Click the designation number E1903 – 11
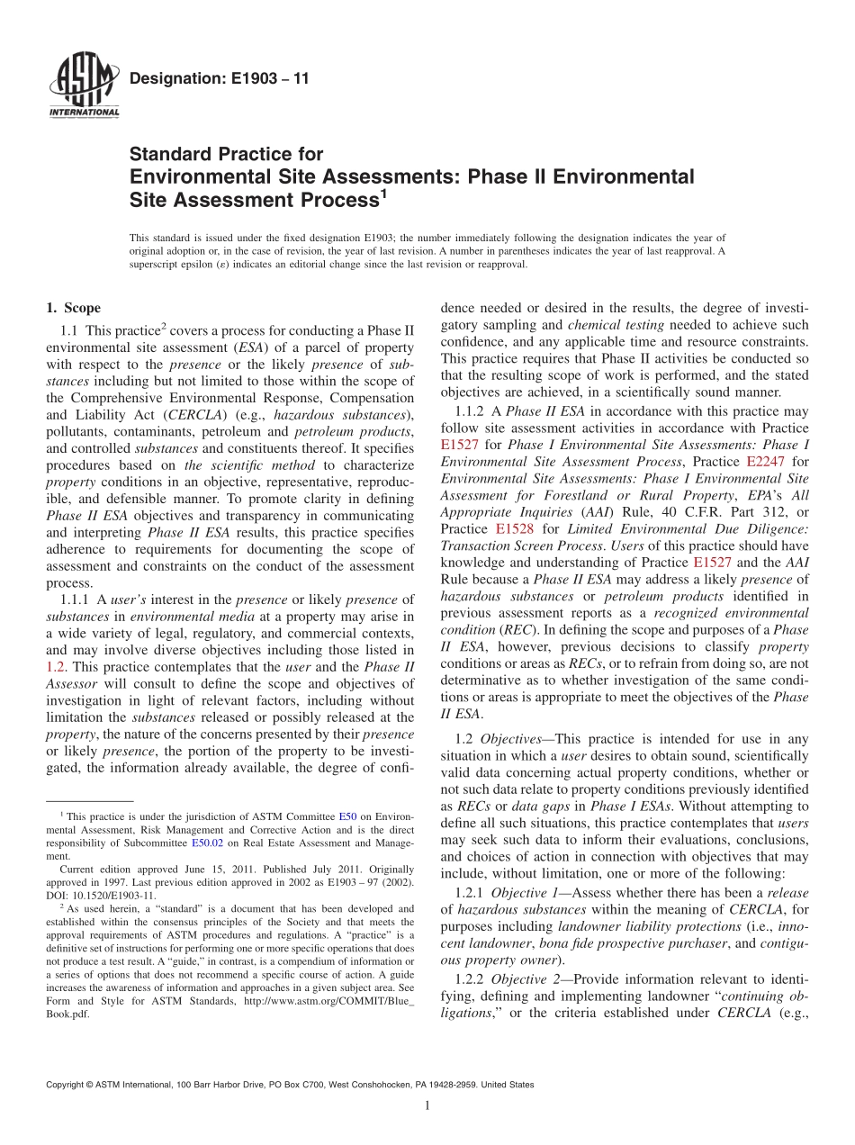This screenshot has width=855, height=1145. pyautogui.click(x=219, y=78)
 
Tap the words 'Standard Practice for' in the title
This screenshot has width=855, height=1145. pyautogui.click(x=226, y=154)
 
